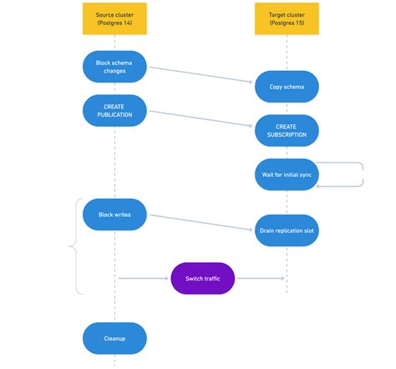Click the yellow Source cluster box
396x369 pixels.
[x=114, y=18]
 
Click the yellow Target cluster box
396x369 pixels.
[x=287, y=18]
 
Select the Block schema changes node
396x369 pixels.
[x=114, y=66]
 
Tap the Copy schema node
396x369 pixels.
[x=287, y=87]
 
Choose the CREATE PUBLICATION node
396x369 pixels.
[x=114, y=110]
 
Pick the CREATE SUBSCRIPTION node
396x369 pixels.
[x=287, y=130]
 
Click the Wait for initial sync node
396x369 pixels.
[x=287, y=174]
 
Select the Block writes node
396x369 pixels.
[x=114, y=215]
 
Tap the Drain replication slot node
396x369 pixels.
[x=287, y=230]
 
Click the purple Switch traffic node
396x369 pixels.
[x=202, y=278]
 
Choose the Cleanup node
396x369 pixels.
[x=114, y=338]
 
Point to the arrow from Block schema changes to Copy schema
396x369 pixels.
[x=201, y=75]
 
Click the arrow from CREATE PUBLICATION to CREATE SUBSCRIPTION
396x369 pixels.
[x=201, y=119]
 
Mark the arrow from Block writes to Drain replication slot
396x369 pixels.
[x=201, y=222]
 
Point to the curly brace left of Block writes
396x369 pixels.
[x=75, y=246]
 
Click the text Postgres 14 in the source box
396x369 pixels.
[x=114, y=24]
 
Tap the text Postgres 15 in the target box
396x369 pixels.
[x=287, y=24]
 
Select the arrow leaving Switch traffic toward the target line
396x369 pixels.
[x=259, y=279]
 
